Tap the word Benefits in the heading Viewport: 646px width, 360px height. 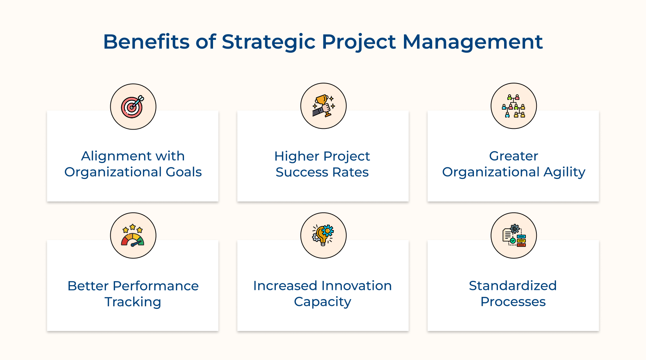[146, 41]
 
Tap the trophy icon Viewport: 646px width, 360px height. [323, 106]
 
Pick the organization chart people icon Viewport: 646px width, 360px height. [514, 106]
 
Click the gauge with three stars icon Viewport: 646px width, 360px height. [133, 236]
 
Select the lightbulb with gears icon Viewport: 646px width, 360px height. [323, 235]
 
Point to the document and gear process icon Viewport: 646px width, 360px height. [514, 236]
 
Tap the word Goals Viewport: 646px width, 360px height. [184, 172]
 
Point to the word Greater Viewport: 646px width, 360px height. [514, 156]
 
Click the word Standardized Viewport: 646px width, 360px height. [513, 286]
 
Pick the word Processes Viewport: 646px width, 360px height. [513, 302]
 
